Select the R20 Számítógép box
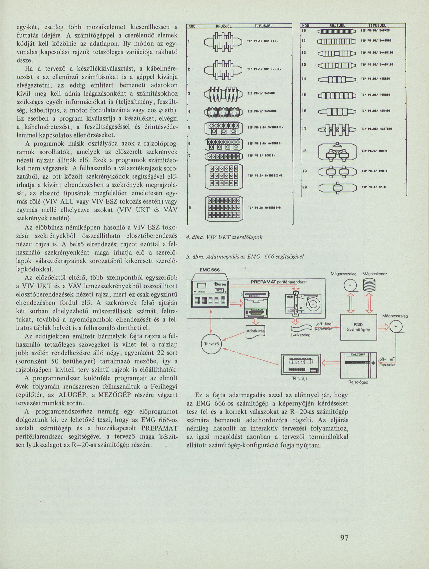tap(358, 327)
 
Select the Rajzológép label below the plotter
tap(358, 382)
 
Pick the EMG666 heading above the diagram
tap(209, 270)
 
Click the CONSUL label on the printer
tap(255, 296)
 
